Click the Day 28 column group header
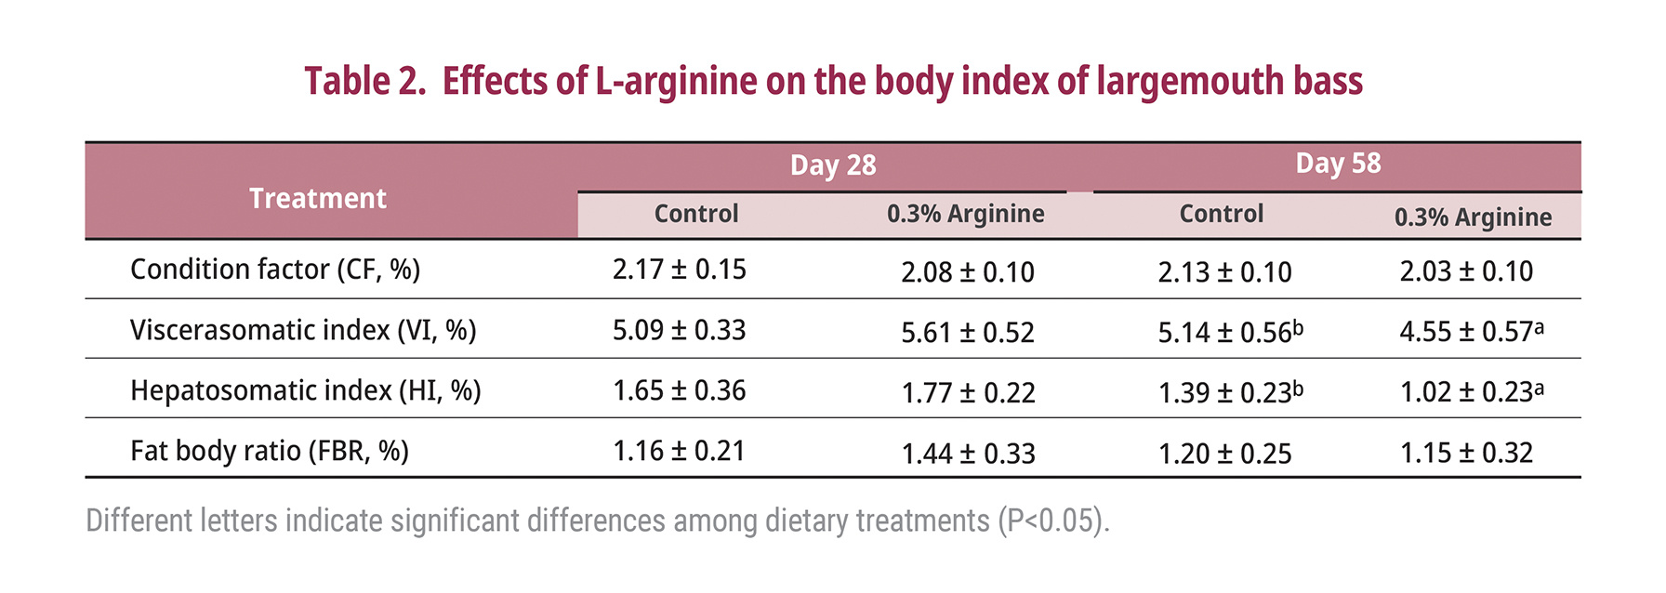(x=833, y=165)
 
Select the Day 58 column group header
(x=1338, y=164)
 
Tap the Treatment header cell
(x=318, y=198)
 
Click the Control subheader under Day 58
(x=1221, y=214)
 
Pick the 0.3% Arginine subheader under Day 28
(x=965, y=214)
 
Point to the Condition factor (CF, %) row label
(x=275, y=270)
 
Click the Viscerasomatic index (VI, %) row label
(x=303, y=330)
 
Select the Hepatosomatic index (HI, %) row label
(x=306, y=390)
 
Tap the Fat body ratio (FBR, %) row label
(x=270, y=451)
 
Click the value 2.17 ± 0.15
(x=679, y=270)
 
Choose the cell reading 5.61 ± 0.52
(x=967, y=333)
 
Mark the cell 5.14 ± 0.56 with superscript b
(x=1229, y=333)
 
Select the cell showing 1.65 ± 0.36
(x=679, y=390)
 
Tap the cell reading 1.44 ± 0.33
(x=968, y=454)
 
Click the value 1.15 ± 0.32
(x=1466, y=453)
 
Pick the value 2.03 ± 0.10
(x=1466, y=271)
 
